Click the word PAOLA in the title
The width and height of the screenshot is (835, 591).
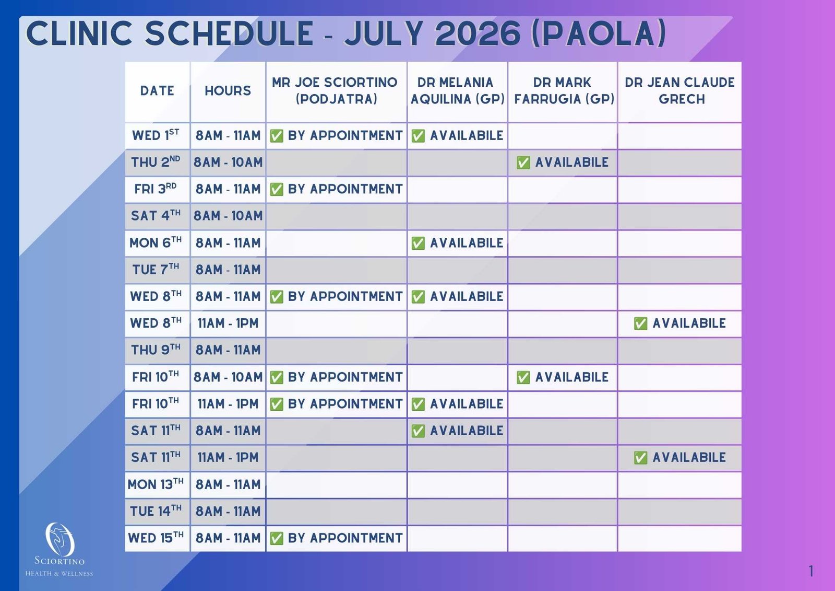599,33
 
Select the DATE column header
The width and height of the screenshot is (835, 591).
157,91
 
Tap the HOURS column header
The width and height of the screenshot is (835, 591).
228,91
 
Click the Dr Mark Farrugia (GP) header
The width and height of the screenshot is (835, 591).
563,91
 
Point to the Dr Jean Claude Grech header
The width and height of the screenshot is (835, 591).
679,91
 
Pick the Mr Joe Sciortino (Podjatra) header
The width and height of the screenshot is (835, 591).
336,91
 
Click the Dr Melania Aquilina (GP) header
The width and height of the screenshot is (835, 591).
457,91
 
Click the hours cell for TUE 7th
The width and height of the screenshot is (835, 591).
228,270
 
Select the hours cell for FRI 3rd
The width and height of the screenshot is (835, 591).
228,189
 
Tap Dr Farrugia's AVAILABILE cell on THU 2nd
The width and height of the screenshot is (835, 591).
563,163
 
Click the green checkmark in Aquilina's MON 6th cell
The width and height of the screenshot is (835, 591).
418,243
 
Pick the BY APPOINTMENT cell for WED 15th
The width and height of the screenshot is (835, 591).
336,538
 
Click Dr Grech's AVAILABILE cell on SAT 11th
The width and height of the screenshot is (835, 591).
679,457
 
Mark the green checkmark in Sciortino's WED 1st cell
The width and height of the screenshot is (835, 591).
276,135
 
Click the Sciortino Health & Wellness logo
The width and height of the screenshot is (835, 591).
59,549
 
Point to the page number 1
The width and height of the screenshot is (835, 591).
811,571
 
